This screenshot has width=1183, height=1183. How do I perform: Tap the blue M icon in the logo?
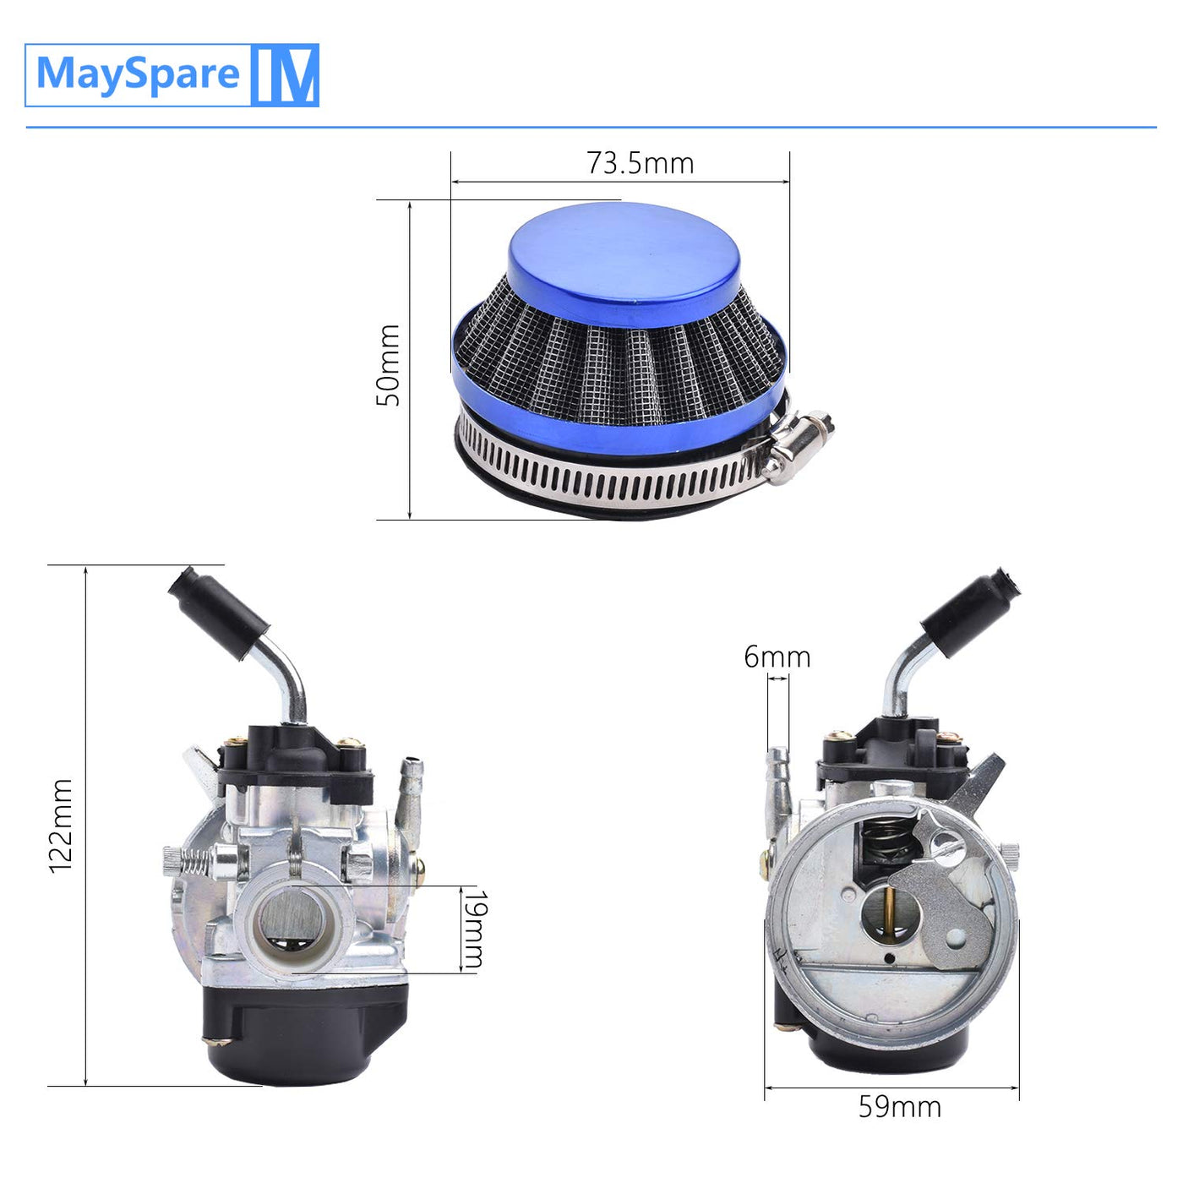pos(285,75)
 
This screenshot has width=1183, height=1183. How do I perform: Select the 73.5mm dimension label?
pos(641,163)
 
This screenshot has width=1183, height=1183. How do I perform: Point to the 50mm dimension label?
pos(388,365)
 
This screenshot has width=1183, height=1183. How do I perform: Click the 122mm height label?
pos(61,826)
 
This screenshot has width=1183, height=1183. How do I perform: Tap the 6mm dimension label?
pos(777,657)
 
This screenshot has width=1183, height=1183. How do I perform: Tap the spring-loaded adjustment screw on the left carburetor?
pos(196,861)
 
